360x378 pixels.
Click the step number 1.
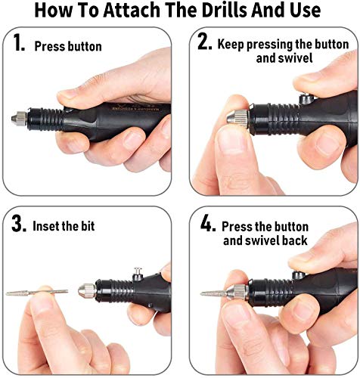pos(18,43)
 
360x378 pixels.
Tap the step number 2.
pos(205,42)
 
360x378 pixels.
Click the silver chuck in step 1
pos(19,119)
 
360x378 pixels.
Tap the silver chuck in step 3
pos(87,290)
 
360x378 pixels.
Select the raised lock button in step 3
pos(138,274)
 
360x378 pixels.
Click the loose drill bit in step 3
pos(37,293)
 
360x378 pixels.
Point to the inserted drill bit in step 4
pos(214,293)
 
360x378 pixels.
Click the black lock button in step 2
pos(306,98)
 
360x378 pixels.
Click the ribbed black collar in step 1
pos(45,119)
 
